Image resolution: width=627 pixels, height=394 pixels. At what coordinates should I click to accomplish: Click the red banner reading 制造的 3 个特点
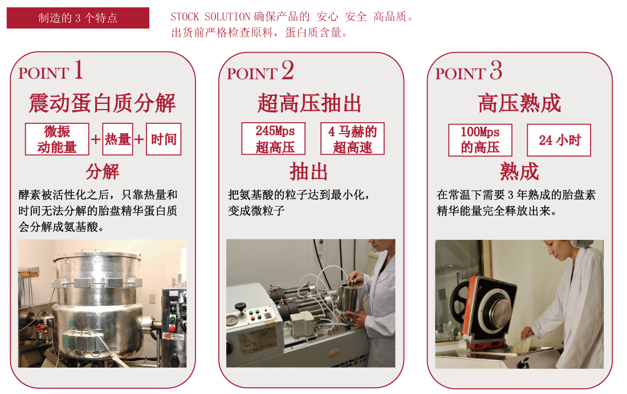(x=78, y=18)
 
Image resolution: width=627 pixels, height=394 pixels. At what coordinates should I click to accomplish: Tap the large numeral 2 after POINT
(x=287, y=70)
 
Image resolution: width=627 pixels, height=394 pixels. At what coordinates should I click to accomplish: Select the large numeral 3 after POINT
(x=496, y=70)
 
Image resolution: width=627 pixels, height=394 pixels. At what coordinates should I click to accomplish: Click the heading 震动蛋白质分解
(x=103, y=103)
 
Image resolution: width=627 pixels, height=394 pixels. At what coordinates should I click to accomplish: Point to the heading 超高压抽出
(x=310, y=103)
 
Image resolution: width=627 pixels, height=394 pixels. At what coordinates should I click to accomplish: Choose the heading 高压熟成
(x=519, y=103)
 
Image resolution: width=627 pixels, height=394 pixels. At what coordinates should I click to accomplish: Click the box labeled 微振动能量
(x=57, y=139)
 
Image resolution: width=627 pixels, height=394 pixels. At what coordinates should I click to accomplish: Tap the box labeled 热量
(x=117, y=139)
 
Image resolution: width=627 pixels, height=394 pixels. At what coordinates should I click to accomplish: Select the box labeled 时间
(x=164, y=139)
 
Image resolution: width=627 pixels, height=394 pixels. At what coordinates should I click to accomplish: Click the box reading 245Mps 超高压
(x=274, y=139)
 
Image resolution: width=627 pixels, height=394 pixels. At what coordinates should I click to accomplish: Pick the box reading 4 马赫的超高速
(x=352, y=139)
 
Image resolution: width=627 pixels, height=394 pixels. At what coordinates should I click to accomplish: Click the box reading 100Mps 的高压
(x=481, y=140)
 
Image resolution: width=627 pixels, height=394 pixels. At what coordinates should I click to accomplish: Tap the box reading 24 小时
(x=559, y=140)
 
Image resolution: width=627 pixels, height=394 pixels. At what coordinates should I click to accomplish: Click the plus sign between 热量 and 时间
(x=139, y=139)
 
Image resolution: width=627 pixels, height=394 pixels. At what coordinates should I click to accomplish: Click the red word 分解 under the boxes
(x=103, y=171)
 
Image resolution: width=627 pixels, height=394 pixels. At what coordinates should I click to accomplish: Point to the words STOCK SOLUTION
(x=210, y=17)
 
